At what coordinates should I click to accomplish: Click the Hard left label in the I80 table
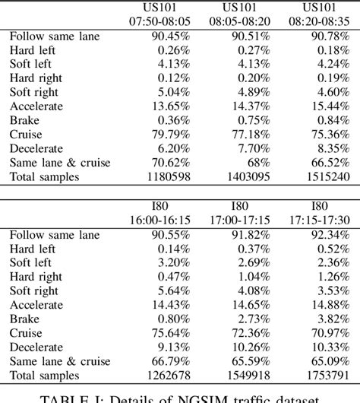click(x=33, y=249)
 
